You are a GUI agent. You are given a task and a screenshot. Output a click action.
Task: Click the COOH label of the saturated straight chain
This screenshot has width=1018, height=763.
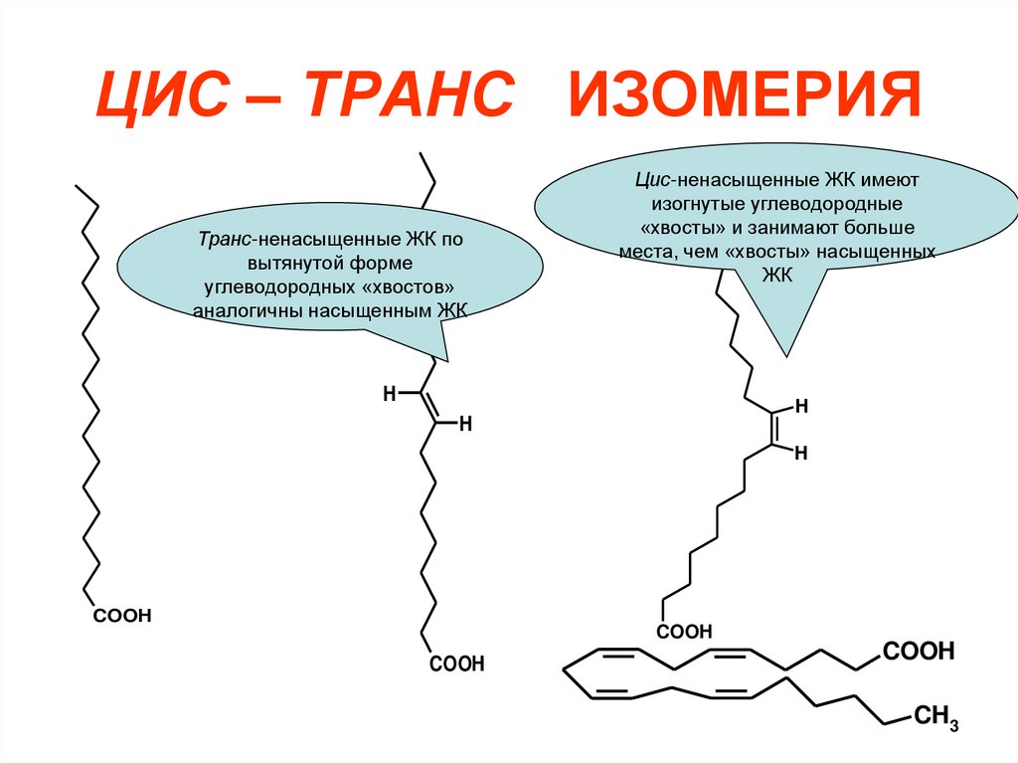122,617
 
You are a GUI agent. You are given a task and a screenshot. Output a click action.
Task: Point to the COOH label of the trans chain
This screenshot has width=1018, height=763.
456,664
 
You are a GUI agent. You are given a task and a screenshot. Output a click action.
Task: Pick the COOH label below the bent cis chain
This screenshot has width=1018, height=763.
684,631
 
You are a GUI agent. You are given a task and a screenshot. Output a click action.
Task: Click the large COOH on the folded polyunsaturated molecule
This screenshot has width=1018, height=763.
918,652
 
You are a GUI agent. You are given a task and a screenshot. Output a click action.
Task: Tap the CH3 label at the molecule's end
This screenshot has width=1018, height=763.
934,718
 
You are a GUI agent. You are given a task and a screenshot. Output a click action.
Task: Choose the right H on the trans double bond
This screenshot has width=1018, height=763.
464,425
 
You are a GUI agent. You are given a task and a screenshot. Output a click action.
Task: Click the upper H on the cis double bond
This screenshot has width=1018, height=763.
800,407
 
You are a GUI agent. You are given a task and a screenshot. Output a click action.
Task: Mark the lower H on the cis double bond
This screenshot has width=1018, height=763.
800,453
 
